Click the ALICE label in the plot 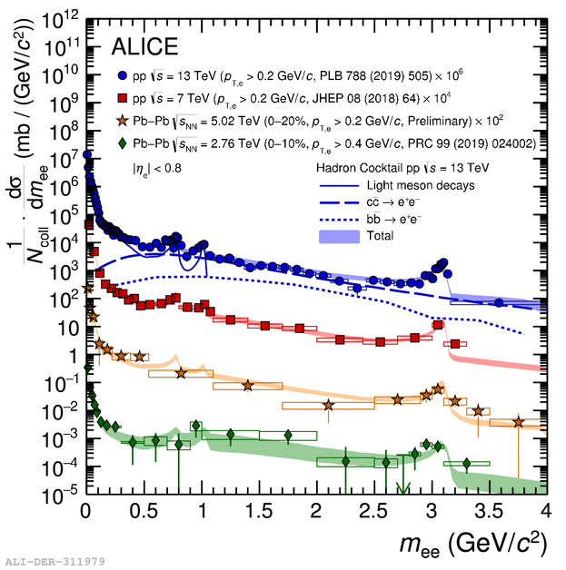145,46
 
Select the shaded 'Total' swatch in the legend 338,234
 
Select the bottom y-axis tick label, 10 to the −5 62,495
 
